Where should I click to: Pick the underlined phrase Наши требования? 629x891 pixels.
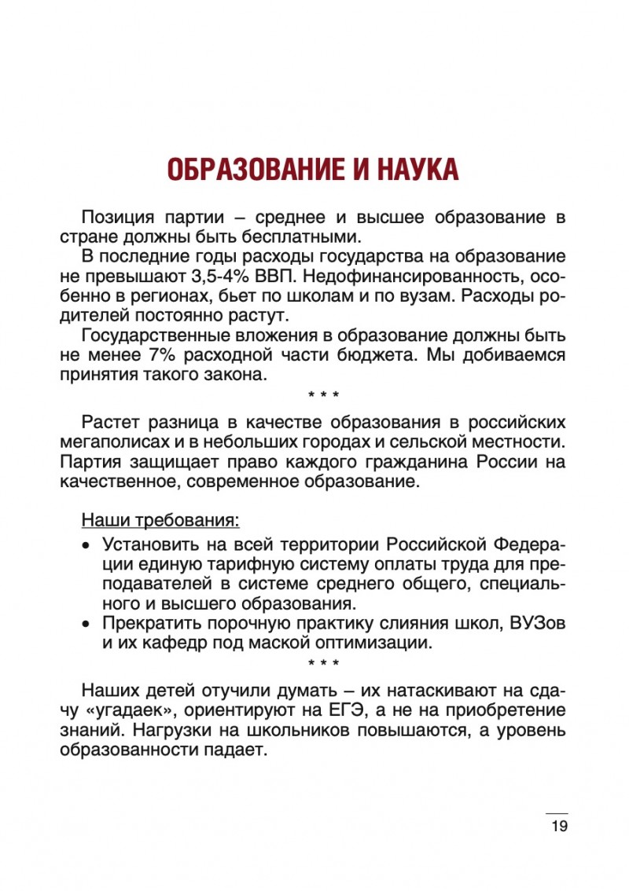click(x=161, y=521)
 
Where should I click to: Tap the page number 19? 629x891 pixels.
click(x=559, y=826)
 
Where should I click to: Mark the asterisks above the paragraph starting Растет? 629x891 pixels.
click(x=324, y=393)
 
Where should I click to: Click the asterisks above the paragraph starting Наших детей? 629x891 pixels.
click(x=324, y=663)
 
